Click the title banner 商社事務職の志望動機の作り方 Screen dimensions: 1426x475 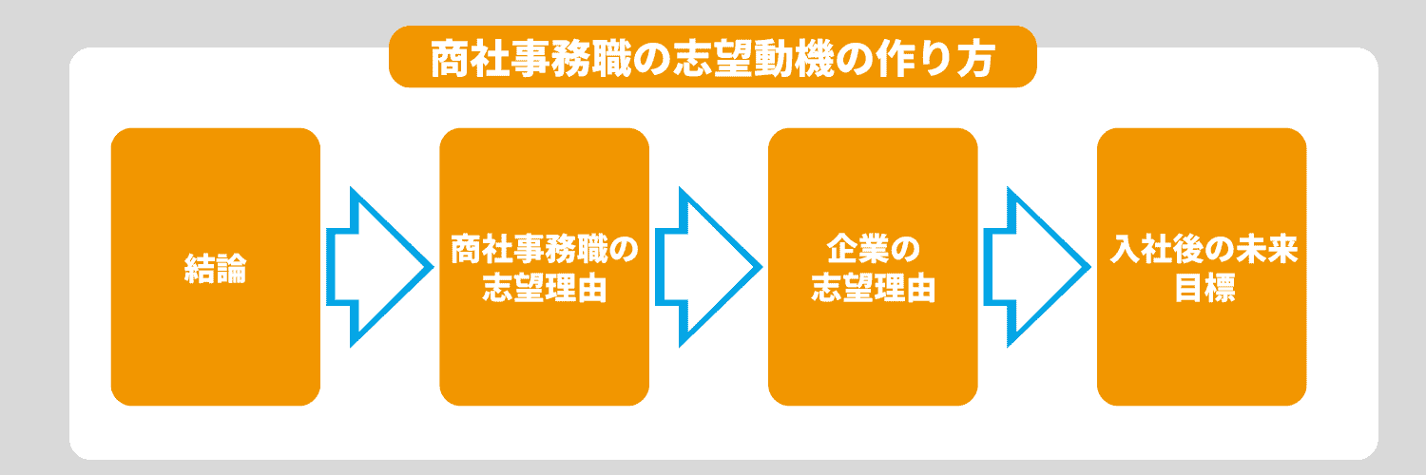pyautogui.click(x=712, y=57)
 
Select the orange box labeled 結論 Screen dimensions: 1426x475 pyautogui.click(x=216, y=267)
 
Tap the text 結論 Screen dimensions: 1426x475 pyautogui.click(x=216, y=268)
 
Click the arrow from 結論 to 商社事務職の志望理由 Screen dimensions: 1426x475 pyautogui.click(x=380, y=267)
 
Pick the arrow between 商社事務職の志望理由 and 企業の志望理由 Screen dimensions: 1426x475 pyautogui.click(x=708, y=267)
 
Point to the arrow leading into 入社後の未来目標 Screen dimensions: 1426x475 pyautogui.click(x=1037, y=267)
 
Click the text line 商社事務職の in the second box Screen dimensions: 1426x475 pyautogui.click(x=545, y=249)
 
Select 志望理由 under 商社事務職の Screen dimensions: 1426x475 pyautogui.click(x=545, y=288)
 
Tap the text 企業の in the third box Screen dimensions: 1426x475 pyautogui.click(x=873, y=249)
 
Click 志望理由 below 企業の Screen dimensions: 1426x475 pyautogui.click(x=873, y=288)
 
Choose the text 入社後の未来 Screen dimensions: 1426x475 pyautogui.click(x=1204, y=249)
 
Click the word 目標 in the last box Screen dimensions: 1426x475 pyautogui.click(x=1204, y=288)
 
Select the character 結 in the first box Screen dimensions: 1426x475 pyautogui.click(x=200, y=268)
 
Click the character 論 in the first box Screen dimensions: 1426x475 pyautogui.click(x=232, y=268)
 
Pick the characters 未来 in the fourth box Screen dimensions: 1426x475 pyautogui.click(x=1267, y=249)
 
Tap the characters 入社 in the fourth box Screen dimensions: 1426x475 pyautogui.click(x=1141, y=249)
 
